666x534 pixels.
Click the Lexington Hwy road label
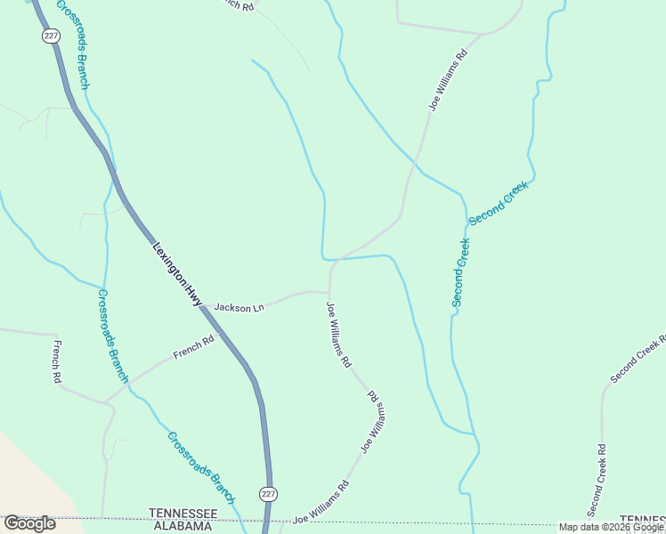pyautogui.click(x=178, y=276)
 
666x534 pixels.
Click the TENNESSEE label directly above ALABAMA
pyautogui.click(x=183, y=514)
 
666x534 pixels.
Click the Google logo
pyautogui.click(x=29, y=523)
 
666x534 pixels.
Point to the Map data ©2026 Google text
pyautogui.click(x=612, y=527)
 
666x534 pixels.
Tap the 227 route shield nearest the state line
pyautogui.click(x=268, y=493)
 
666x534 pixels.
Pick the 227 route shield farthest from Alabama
pyautogui.click(x=49, y=35)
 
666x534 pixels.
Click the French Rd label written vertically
pyautogui.click(x=57, y=362)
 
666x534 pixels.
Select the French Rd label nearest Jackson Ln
pyautogui.click(x=194, y=346)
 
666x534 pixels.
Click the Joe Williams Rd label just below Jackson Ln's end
pyautogui.click(x=339, y=336)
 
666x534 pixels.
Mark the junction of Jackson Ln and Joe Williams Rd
pyautogui.click(x=329, y=292)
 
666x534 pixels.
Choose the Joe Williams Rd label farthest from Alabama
pyautogui.click(x=447, y=80)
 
